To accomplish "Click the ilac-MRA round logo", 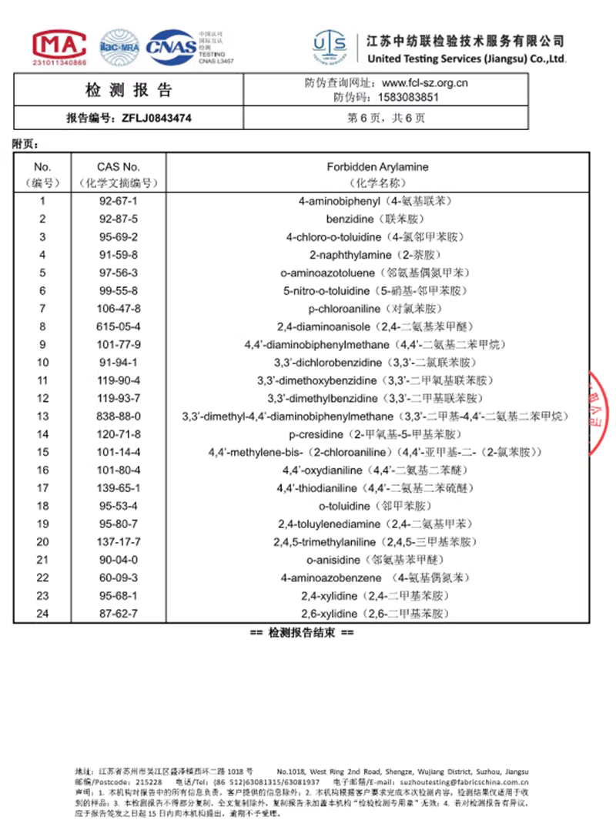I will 119,46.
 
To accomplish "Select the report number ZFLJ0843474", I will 153,119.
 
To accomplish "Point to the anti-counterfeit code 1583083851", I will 408,98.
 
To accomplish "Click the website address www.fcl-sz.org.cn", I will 426,84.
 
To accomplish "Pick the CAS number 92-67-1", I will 119,202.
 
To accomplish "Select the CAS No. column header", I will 119,166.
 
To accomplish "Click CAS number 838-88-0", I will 119,417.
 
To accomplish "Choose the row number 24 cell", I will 42,614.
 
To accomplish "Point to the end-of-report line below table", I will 302,633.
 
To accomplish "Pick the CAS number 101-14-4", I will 119,452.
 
